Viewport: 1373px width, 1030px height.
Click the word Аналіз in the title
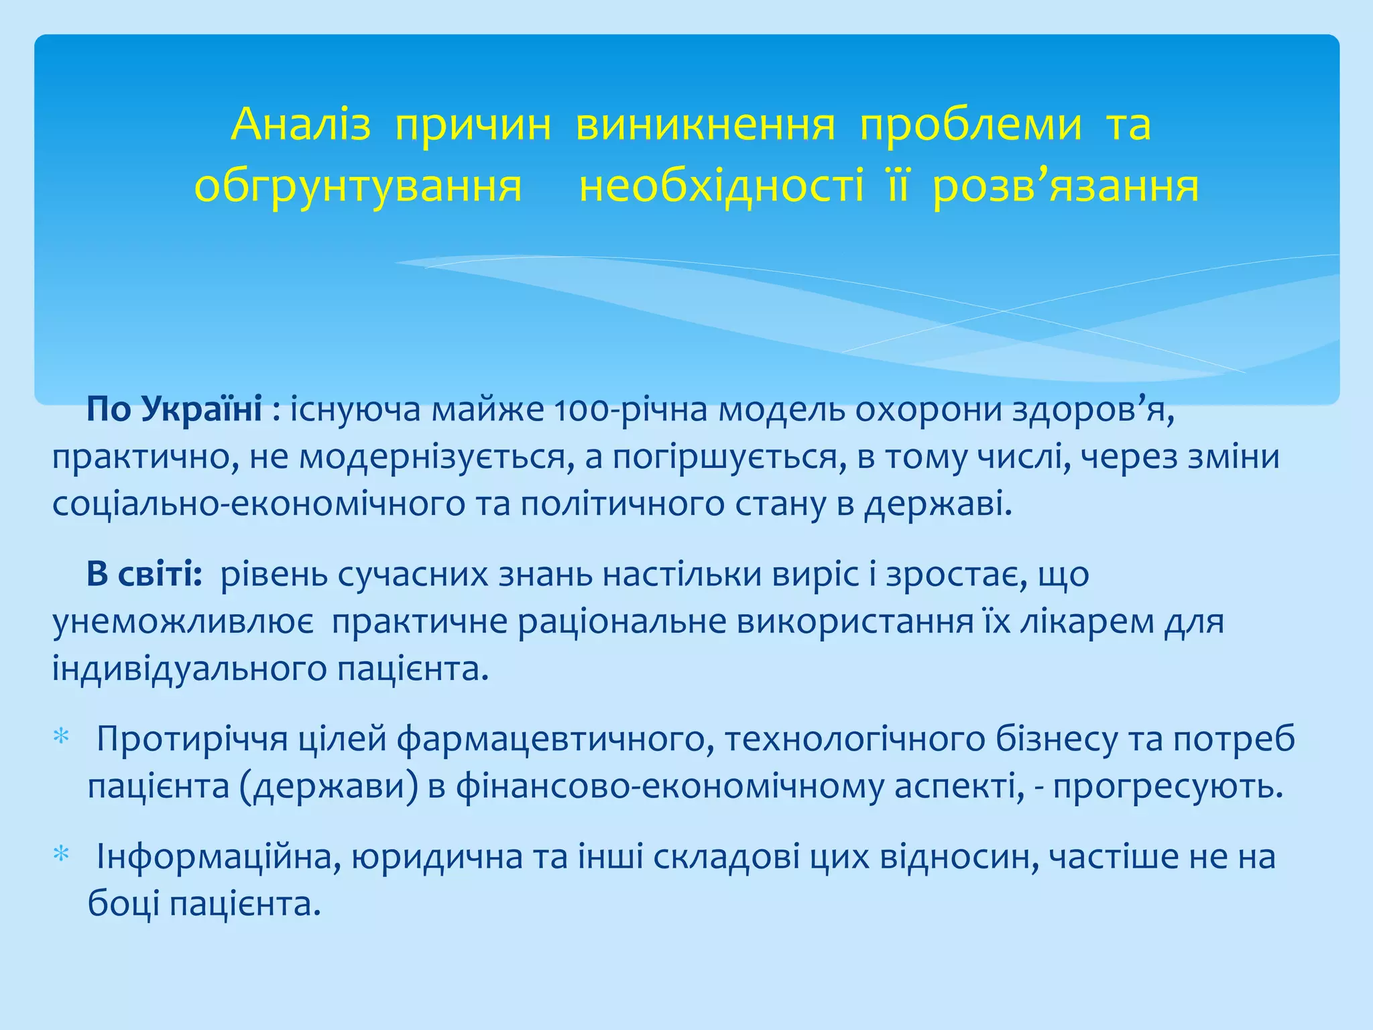[x=300, y=125]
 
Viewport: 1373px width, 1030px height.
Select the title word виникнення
[x=705, y=125]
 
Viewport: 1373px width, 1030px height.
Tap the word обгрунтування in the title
[x=358, y=186]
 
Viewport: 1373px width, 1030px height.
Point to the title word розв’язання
[x=1065, y=186]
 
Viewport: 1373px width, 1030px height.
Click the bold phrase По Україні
[x=174, y=409]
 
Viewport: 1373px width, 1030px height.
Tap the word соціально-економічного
[x=259, y=504]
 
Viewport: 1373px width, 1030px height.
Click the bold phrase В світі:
[x=144, y=574]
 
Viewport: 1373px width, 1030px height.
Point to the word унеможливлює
[x=183, y=622]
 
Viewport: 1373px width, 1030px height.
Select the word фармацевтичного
[x=555, y=739]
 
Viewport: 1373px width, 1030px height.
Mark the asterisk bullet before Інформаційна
[x=61, y=855]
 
